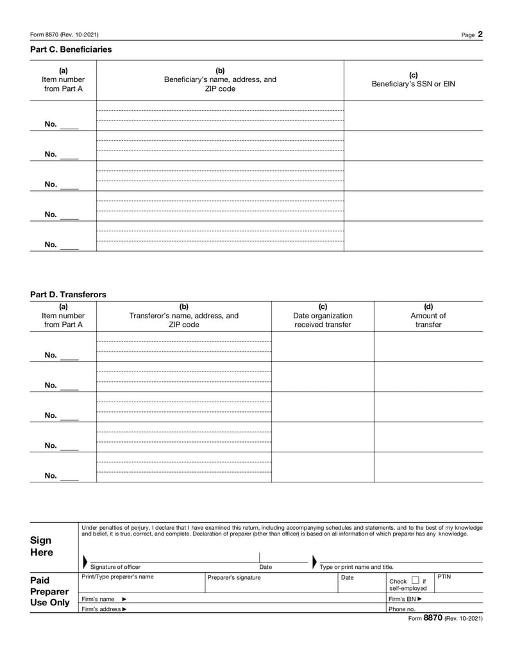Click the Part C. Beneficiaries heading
71,49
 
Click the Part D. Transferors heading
68,295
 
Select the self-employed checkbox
415,580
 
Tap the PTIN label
444,577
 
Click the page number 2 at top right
480,35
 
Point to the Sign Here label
42,546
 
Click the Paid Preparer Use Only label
50,591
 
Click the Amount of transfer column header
428,315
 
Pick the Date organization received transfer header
323,315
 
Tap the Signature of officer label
115,567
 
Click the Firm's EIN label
405,599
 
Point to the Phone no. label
402,609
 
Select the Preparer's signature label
234,578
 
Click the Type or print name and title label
357,567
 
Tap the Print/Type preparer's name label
118,577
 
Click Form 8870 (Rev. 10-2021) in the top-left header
64,35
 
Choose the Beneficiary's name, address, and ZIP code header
220,79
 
